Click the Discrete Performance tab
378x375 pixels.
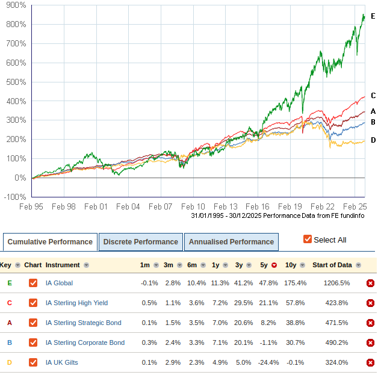click(140, 242)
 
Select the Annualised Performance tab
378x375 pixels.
click(231, 242)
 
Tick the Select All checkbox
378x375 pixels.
click(308, 240)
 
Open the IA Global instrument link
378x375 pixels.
click(59, 283)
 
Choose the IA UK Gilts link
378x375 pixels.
click(61, 362)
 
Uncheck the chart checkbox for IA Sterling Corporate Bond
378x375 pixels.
click(33, 342)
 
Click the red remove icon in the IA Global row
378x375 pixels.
click(370, 283)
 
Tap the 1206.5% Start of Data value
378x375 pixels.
click(335, 283)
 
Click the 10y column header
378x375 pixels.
click(290, 265)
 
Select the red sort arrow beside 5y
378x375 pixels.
click(274, 265)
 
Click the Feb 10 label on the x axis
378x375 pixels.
click(193, 206)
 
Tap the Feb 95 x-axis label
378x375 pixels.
click(31, 206)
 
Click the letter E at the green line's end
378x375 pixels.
click(373, 16)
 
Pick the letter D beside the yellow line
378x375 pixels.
click(373, 140)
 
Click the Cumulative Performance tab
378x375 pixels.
click(50, 242)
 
